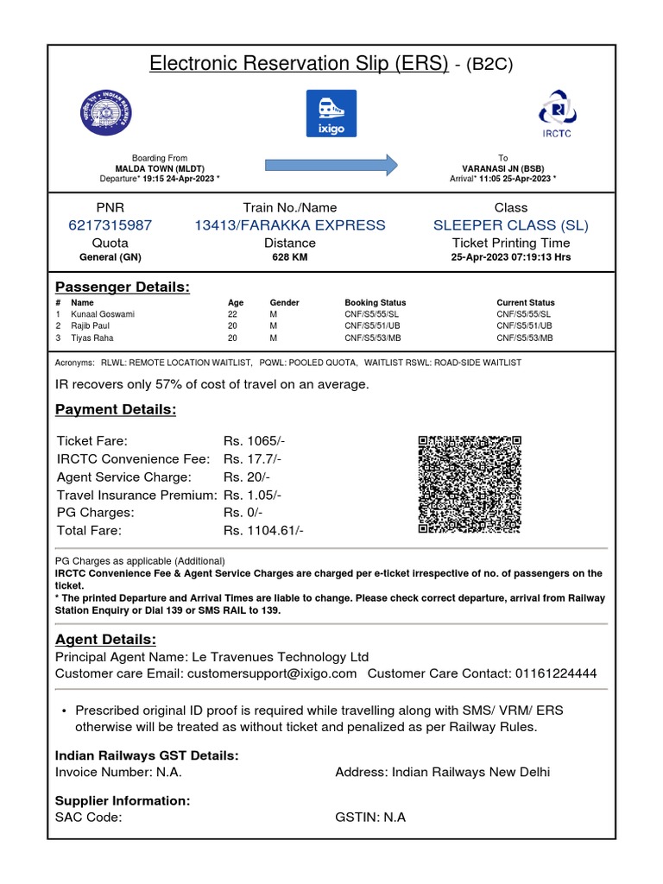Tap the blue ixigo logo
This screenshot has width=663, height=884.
[x=331, y=113]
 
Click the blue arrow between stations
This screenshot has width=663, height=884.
[x=331, y=164]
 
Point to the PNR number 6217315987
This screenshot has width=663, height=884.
[x=110, y=225]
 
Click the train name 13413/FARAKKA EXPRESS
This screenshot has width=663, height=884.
[x=290, y=225]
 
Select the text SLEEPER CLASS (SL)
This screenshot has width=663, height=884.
[x=511, y=225]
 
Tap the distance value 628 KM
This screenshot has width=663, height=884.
[x=290, y=257]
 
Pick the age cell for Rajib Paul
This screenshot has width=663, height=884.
[x=232, y=326]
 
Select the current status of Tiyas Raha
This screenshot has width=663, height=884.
[x=524, y=338]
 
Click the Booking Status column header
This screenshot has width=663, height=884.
[x=375, y=303]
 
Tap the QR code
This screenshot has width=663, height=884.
[x=470, y=484]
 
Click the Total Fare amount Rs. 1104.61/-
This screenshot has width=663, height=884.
[x=263, y=531]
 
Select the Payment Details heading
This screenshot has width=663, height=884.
[x=116, y=409]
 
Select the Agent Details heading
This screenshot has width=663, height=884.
[x=106, y=640]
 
